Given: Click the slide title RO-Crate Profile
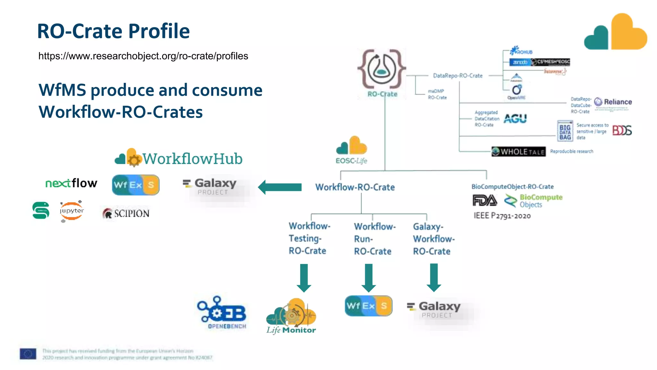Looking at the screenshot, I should coord(113,31).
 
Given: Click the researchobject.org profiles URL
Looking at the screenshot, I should coord(143,56).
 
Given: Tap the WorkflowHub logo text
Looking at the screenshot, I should coord(192,159).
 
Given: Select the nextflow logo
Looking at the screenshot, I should coord(71,183).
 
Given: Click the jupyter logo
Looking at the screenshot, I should coord(72,211).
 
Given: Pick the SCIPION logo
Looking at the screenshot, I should coord(126,213).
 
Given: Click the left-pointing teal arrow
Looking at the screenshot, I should coord(280,187).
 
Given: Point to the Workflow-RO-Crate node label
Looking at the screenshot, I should coord(355,187).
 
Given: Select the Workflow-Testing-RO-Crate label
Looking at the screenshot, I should coord(309,238).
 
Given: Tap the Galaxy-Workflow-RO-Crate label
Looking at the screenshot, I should coord(433,239).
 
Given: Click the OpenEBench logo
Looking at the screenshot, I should coord(222,312).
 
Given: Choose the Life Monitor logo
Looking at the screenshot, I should coord(291,316).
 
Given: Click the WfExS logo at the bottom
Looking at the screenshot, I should coord(368,306).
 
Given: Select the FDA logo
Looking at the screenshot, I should coord(484,201).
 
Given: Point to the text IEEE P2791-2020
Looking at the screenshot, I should coord(502,216).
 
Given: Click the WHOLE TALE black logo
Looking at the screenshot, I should coord(518,152).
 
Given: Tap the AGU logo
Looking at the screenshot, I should coord(515,119).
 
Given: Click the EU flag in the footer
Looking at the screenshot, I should coord(28,354).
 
